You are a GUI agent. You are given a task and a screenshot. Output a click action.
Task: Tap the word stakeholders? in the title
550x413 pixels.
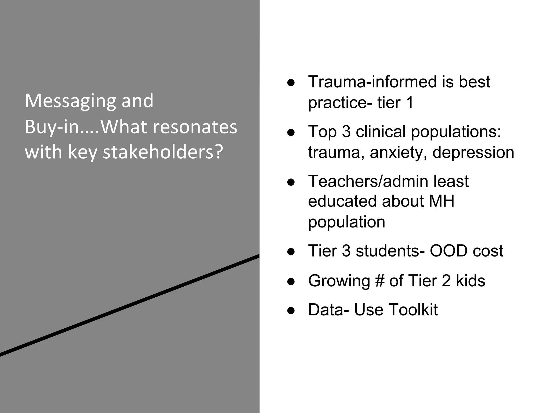point(163,152)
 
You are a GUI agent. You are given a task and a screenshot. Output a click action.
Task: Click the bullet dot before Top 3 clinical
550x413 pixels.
point(291,133)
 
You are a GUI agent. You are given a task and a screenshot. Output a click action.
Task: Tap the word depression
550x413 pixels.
point(473,152)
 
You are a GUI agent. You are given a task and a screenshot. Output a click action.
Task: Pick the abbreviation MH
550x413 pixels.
point(442,201)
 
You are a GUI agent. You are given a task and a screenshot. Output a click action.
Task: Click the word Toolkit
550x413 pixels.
point(413,310)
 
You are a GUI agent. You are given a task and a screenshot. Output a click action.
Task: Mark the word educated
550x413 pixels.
point(342,201)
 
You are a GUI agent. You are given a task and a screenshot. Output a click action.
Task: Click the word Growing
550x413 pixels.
point(339,281)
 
